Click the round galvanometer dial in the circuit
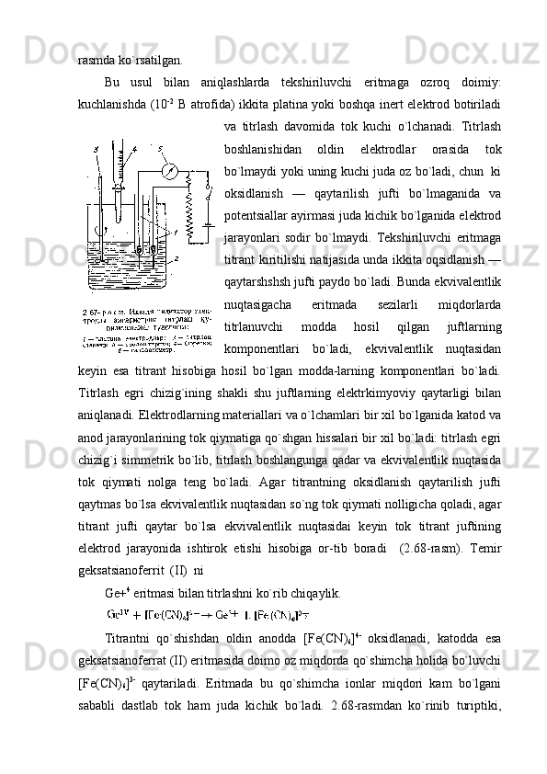(x=170, y=172)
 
